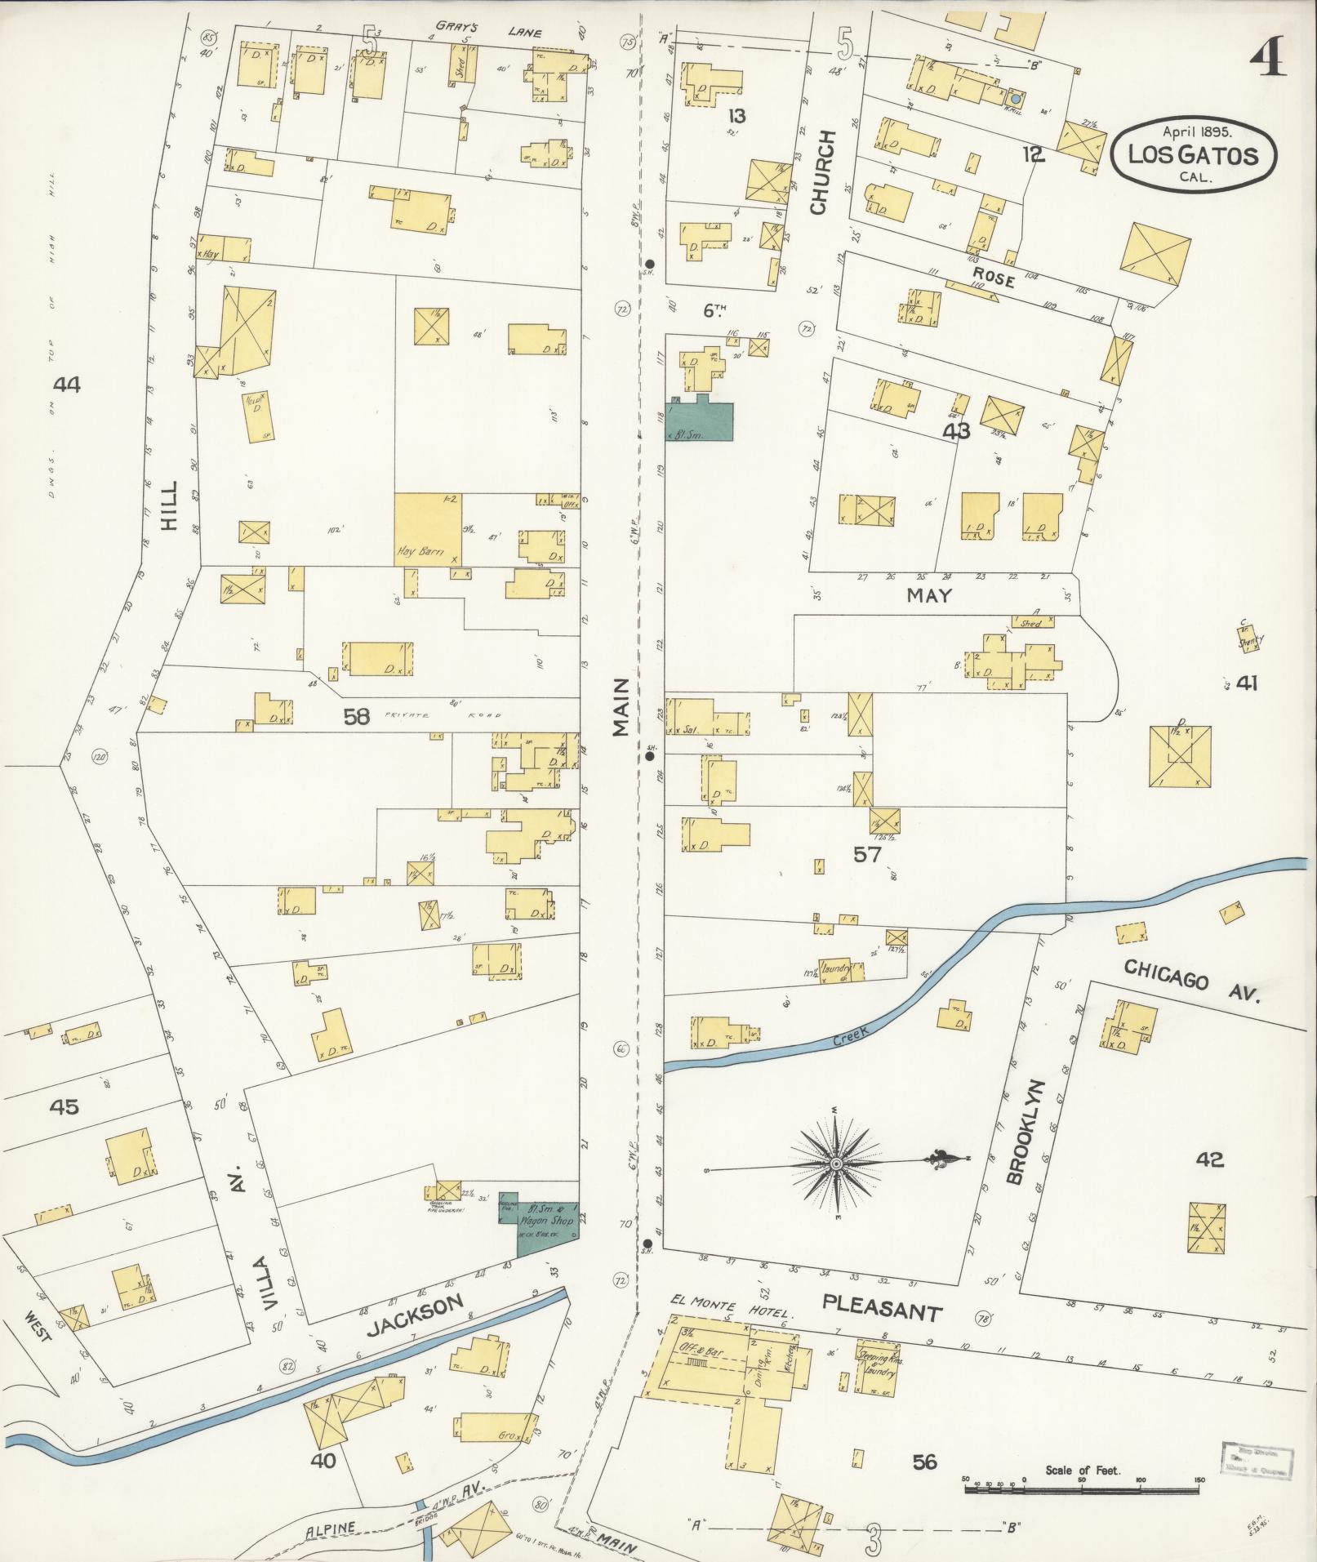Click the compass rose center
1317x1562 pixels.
[x=837, y=1162]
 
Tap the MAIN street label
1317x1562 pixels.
[x=623, y=707]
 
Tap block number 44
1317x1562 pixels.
[x=66, y=384]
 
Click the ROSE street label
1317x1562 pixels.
[x=992, y=278]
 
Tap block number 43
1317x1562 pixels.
[x=956, y=430]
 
